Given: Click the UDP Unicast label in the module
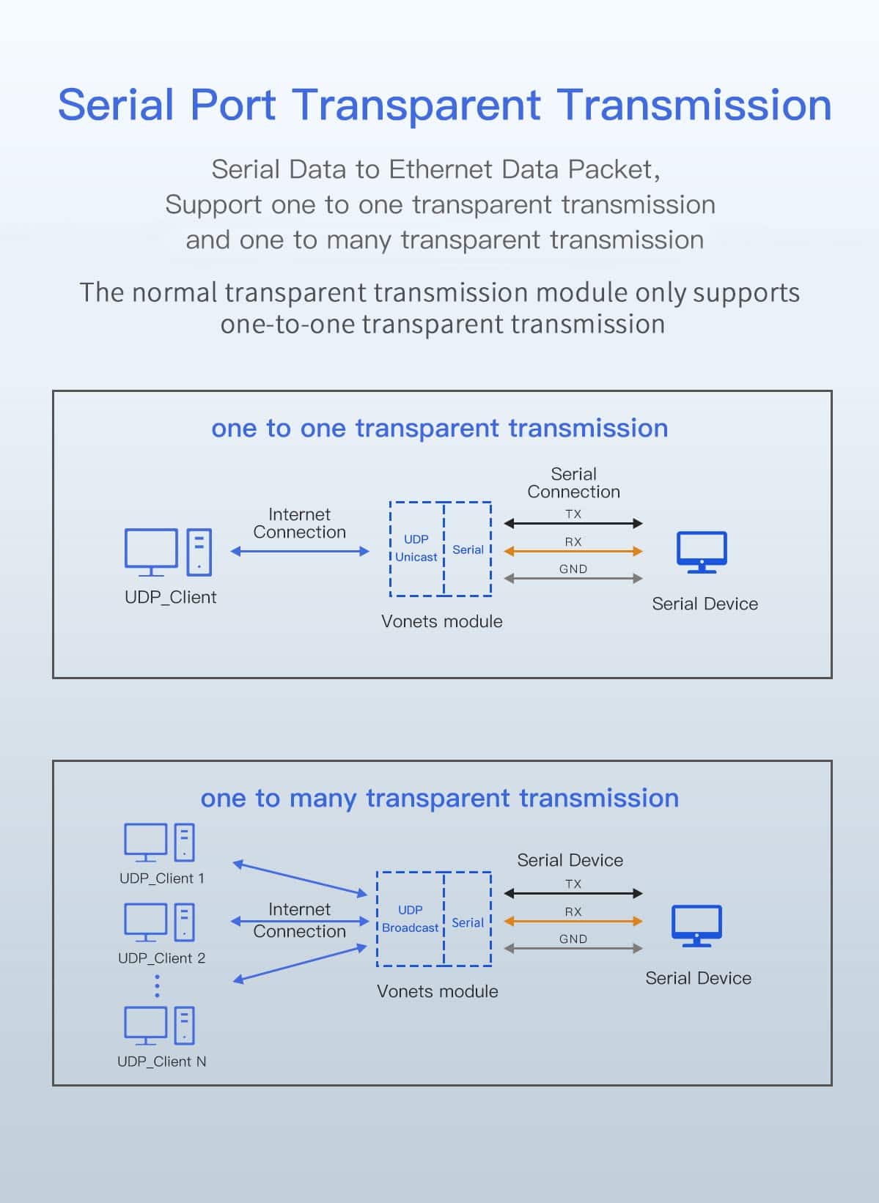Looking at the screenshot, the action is click(x=416, y=548).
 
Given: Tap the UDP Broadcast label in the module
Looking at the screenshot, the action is click(x=410, y=919).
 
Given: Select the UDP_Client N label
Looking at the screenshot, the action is click(x=162, y=1062).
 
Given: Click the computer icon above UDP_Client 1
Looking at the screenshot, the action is click(x=159, y=843).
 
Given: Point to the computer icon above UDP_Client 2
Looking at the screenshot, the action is click(x=159, y=922).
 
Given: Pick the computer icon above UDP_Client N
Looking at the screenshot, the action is click(x=159, y=1026).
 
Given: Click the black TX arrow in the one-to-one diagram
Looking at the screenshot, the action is click(x=573, y=523).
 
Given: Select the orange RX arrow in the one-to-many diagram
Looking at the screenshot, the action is click(x=573, y=921).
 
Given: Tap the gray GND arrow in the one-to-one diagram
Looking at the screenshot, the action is click(x=573, y=578).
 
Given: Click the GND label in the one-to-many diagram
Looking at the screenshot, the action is click(x=573, y=939).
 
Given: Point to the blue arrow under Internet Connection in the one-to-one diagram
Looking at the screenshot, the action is click(x=300, y=551).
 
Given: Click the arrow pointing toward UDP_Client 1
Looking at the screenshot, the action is click(x=300, y=878).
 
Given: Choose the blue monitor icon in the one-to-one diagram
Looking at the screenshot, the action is click(x=702, y=552).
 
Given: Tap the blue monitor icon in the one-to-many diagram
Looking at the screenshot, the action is click(x=697, y=926).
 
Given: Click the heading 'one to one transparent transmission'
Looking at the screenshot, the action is click(x=440, y=429).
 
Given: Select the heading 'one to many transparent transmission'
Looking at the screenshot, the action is click(x=440, y=799).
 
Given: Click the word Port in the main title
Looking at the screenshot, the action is click(x=233, y=105).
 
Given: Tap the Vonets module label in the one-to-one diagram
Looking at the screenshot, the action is click(x=441, y=621).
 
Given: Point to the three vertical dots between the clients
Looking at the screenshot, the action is click(x=157, y=986).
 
